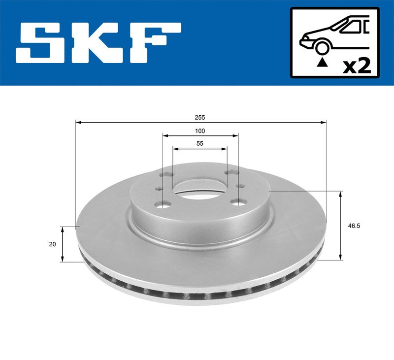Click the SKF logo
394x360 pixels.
[x=98, y=43]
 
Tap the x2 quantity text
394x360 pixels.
[x=357, y=66]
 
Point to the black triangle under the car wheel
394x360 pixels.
[x=323, y=63]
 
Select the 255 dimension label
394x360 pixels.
[x=200, y=117]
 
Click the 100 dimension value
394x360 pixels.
[x=200, y=131]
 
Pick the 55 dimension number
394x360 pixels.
[x=200, y=144]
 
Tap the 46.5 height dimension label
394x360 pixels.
[x=354, y=226]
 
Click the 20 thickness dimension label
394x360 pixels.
[x=53, y=244]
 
